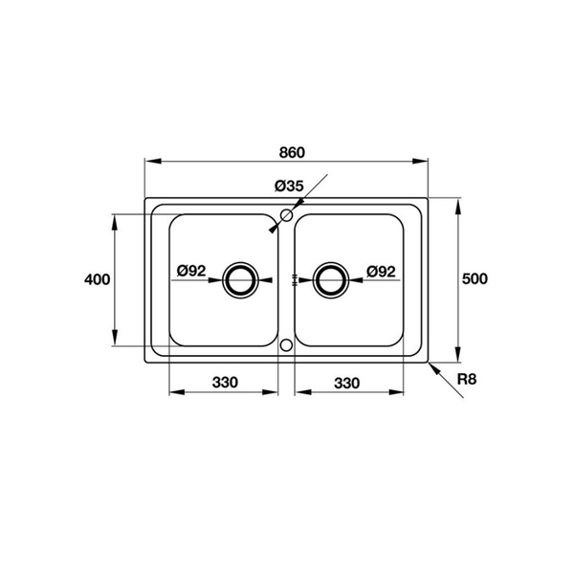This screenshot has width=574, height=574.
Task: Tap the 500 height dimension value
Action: click(475, 279)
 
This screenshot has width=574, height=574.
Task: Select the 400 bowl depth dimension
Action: click(98, 279)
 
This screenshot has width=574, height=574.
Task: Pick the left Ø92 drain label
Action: click(192, 272)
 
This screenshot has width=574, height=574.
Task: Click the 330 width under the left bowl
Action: click(225, 383)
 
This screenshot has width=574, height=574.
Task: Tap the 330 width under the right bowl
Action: click(346, 383)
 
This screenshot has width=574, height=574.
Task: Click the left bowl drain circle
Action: click(239, 279)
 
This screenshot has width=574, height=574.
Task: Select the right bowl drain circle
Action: click(331, 279)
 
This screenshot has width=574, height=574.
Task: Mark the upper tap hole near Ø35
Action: click(286, 215)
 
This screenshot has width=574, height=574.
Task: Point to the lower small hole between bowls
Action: click(286, 344)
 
